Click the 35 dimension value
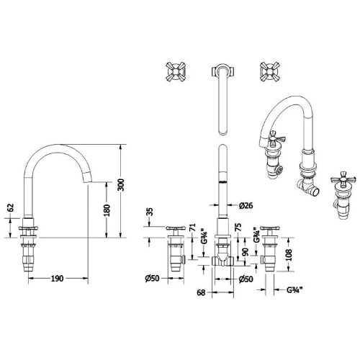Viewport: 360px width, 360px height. [x=149, y=212]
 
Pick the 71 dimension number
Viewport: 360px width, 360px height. [x=192, y=230]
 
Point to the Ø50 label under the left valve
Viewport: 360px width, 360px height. [x=152, y=278]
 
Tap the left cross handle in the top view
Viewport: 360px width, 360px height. [x=175, y=71]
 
